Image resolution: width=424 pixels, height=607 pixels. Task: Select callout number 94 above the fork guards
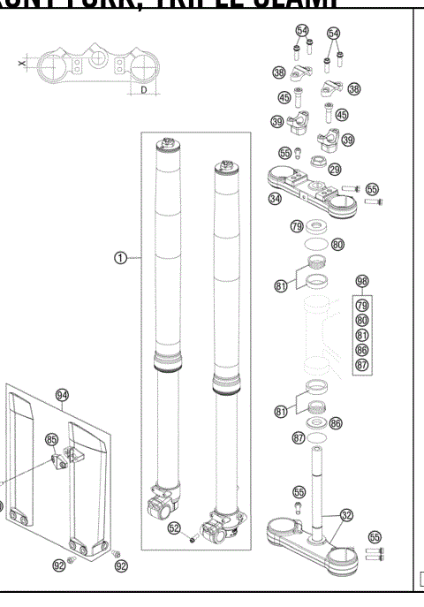tap(62, 397)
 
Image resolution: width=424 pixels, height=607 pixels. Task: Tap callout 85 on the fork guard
tap(51, 438)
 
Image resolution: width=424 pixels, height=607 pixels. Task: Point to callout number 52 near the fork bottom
tap(175, 527)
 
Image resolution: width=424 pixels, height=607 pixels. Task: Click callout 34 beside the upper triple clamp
tap(276, 199)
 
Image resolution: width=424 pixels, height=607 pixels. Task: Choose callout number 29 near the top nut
tap(335, 168)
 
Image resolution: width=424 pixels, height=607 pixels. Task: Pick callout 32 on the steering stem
tap(346, 513)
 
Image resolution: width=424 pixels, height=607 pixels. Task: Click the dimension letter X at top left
tap(19, 64)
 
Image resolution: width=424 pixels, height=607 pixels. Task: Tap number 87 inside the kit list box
tap(360, 364)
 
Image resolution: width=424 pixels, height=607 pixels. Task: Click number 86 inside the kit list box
tap(360, 350)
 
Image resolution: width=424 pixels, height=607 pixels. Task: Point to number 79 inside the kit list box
tap(360, 305)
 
